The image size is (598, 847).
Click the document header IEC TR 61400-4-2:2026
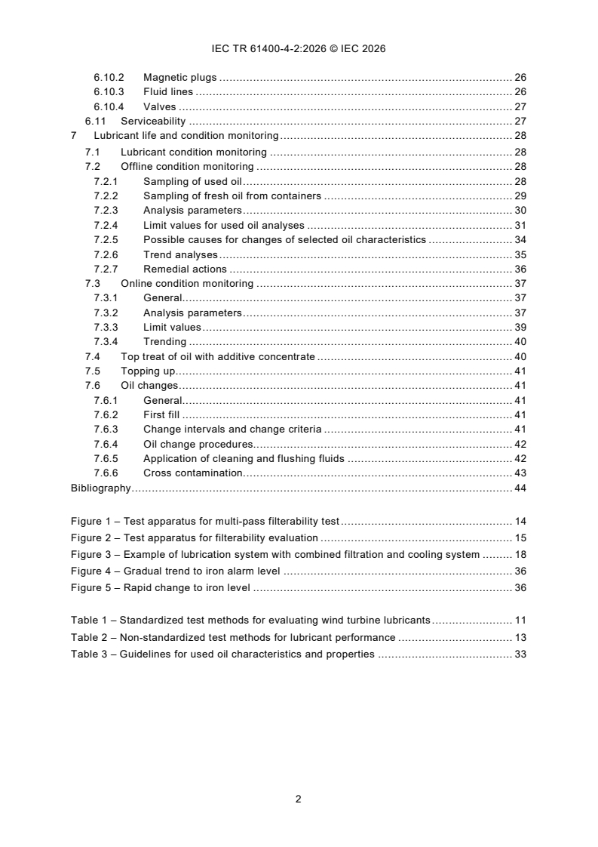pos(298,48)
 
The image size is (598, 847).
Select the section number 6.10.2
pos(109,78)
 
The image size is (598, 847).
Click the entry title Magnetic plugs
pos(179,78)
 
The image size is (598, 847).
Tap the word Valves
pos(159,107)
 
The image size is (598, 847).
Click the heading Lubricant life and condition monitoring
pos(186,136)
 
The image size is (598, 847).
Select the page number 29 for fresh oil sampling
pos(520,196)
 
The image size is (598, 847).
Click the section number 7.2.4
pos(106,225)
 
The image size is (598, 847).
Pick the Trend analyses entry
pos(180,254)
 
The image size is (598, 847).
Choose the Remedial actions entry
pos(185,269)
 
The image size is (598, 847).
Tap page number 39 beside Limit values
pos(520,328)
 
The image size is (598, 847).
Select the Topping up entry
pos(148,371)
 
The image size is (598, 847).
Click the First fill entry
pos(162,415)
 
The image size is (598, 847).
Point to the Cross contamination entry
pos(192,473)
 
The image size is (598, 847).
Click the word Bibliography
pos(100,488)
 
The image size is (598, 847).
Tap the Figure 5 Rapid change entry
pos(187,588)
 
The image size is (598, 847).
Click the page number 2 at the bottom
pos(299,799)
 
